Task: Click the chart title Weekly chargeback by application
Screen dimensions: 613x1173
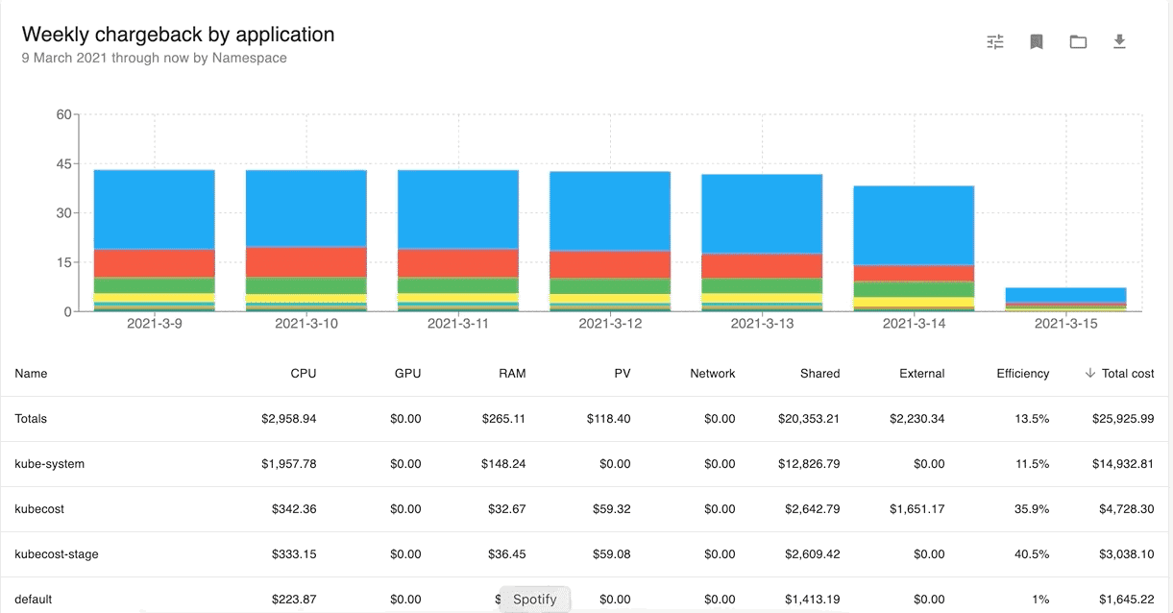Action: tap(178, 35)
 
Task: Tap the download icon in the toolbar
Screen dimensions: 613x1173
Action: tap(1119, 41)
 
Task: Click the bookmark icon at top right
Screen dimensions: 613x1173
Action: tap(1037, 41)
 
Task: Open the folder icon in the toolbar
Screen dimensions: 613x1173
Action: tap(1078, 41)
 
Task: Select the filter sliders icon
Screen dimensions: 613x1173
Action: tap(995, 41)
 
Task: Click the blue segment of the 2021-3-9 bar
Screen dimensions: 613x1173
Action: tap(154, 209)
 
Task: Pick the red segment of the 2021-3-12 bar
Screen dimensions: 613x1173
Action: tap(609, 264)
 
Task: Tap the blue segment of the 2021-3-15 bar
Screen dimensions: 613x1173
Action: tap(1065, 294)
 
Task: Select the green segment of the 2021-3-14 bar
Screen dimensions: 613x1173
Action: tap(914, 289)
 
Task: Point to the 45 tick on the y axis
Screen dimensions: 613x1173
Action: tap(63, 164)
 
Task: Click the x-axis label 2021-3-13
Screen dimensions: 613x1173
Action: tap(762, 324)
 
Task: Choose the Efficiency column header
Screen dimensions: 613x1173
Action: tap(1022, 374)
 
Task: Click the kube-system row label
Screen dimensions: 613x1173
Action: tap(50, 464)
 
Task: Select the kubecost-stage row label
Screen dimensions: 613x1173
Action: tap(57, 554)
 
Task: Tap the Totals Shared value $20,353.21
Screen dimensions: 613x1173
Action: tap(809, 419)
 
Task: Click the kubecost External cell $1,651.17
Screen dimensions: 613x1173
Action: tap(916, 509)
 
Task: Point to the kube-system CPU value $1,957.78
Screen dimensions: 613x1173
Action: tap(288, 464)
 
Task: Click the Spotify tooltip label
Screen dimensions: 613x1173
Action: tap(534, 600)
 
